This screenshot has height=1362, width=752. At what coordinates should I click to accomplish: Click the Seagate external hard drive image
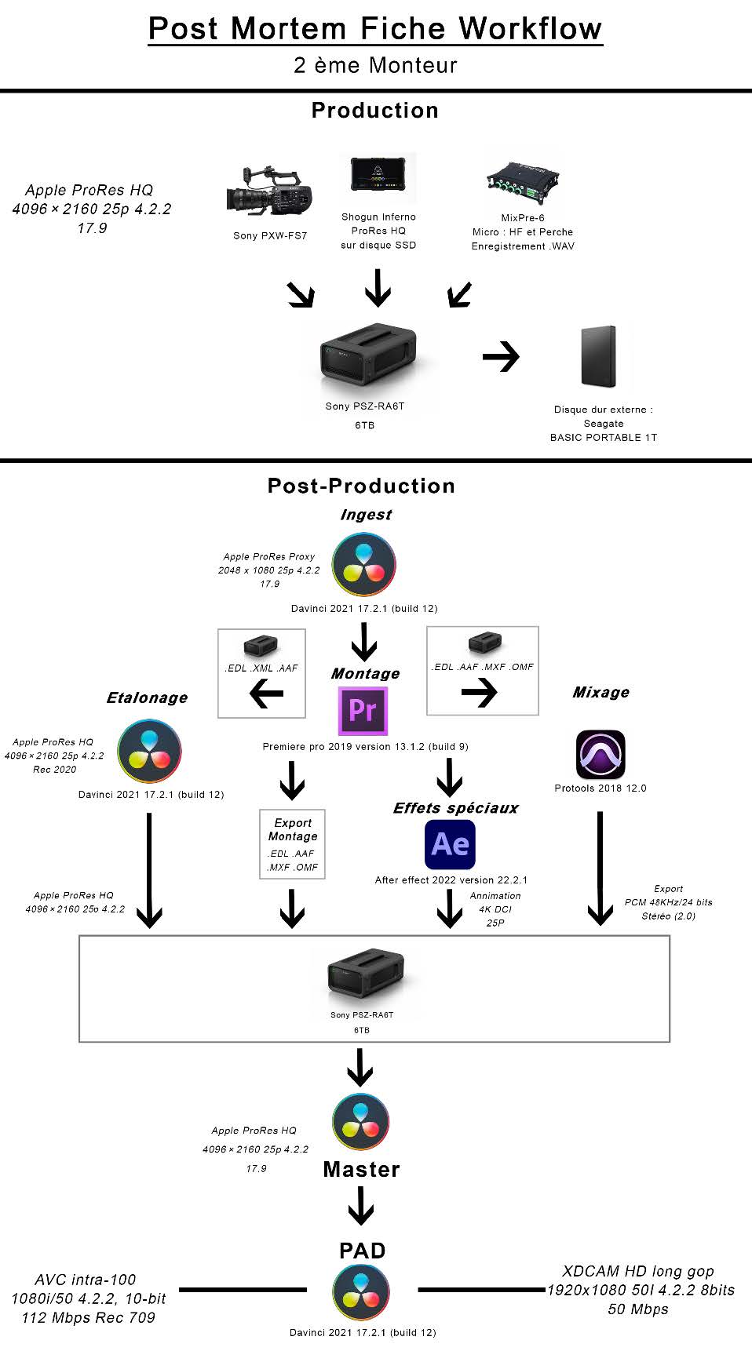click(x=599, y=357)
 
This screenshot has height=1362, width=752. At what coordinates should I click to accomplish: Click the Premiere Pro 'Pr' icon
click(x=363, y=710)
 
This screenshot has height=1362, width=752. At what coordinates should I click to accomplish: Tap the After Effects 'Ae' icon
click(x=450, y=844)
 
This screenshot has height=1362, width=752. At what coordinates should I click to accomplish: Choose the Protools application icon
click(x=601, y=755)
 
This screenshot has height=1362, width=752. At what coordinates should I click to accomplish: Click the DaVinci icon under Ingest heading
click(x=363, y=565)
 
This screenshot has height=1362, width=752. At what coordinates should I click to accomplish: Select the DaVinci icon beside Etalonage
click(x=149, y=751)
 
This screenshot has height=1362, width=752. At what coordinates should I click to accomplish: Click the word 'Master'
click(x=362, y=1170)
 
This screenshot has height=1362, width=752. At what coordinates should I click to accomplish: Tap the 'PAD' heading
click(x=362, y=1251)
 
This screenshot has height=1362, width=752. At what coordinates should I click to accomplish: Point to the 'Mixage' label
click(x=601, y=692)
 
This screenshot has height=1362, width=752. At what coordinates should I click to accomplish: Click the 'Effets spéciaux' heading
click(x=455, y=808)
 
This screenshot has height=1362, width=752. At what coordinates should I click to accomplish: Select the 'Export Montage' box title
click(x=293, y=829)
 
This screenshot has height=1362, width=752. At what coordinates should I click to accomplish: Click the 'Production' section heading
click(x=375, y=111)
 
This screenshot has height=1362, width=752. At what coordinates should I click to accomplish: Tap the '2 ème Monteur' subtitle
click(x=375, y=66)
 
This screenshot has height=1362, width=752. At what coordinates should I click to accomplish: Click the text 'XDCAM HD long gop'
click(x=638, y=1271)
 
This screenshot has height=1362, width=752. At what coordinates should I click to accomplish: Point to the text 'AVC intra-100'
click(x=86, y=1280)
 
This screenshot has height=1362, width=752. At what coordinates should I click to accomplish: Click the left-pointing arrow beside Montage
click(x=267, y=693)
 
